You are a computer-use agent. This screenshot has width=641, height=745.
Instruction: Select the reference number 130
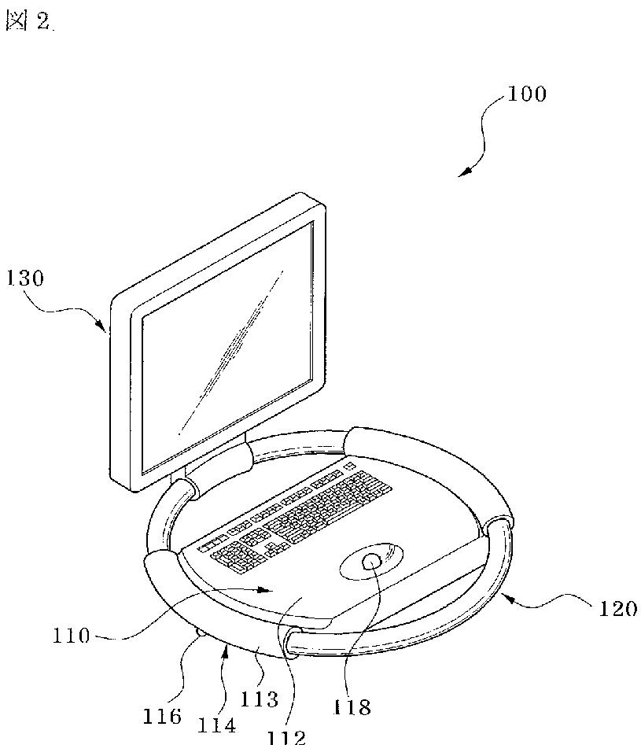[x=26, y=278]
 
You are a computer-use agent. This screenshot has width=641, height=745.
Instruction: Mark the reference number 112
[x=285, y=736]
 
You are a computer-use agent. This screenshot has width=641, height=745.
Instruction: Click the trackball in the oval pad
[x=372, y=562]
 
